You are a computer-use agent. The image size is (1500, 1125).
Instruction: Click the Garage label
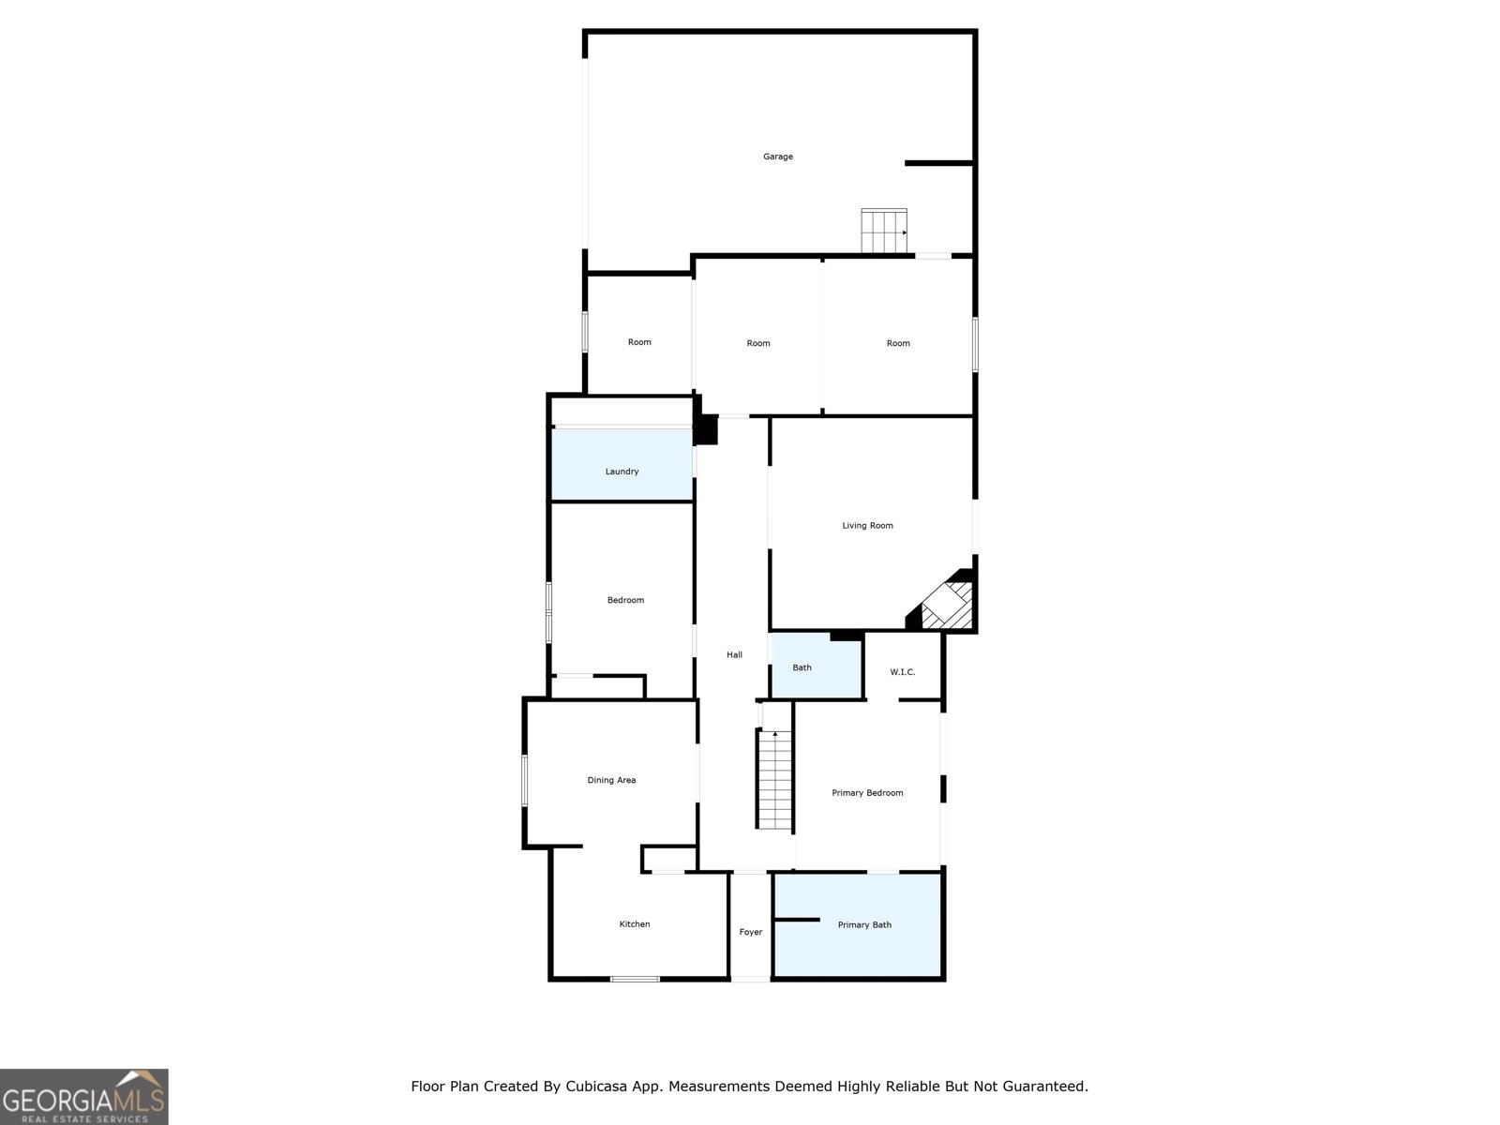pos(777,157)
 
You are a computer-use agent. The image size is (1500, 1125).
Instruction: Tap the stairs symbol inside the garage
pos(884,231)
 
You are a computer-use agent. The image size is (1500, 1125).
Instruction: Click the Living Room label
pos(867,526)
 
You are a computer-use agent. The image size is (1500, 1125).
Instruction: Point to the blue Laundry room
pos(622,464)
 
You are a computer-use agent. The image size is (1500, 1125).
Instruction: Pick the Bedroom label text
pos(625,600)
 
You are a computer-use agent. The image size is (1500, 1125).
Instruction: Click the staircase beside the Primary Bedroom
pos(775,780)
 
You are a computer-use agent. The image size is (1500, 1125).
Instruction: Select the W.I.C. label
pos(902,672)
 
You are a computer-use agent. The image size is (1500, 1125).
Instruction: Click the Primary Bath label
pos(864,925)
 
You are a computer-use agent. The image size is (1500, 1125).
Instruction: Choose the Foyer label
pos(750,932)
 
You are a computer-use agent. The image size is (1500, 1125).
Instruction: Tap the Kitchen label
pos(634,924)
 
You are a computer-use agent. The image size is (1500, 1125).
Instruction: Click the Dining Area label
pos(611,780)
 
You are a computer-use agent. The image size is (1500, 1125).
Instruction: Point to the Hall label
pos(734,655)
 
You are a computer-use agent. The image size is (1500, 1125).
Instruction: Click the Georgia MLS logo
pos(83,1097)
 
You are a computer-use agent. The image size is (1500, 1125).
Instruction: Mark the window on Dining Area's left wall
pos(525,780)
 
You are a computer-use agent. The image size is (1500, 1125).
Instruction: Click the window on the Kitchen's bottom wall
pos(635,979)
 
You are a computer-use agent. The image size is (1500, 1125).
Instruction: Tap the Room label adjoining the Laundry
pos(639,342)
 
